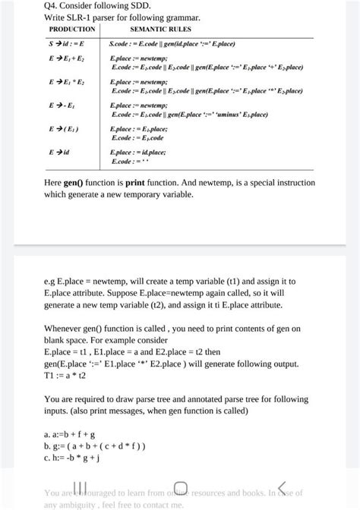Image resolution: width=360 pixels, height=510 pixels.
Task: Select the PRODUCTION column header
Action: click(x=72, y=30)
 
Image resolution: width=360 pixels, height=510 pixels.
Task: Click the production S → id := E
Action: click(x=68, y=45)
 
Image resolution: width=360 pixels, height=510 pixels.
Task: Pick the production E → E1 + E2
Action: click(x=68, y=58)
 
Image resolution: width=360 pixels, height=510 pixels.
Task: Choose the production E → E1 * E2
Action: click(x=68, y=80)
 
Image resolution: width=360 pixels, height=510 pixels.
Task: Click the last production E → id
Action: click(x=61, y=152)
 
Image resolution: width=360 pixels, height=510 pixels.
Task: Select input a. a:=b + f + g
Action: click(x=70, y=435)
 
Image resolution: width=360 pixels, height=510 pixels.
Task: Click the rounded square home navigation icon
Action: click(x=181, y=487)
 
